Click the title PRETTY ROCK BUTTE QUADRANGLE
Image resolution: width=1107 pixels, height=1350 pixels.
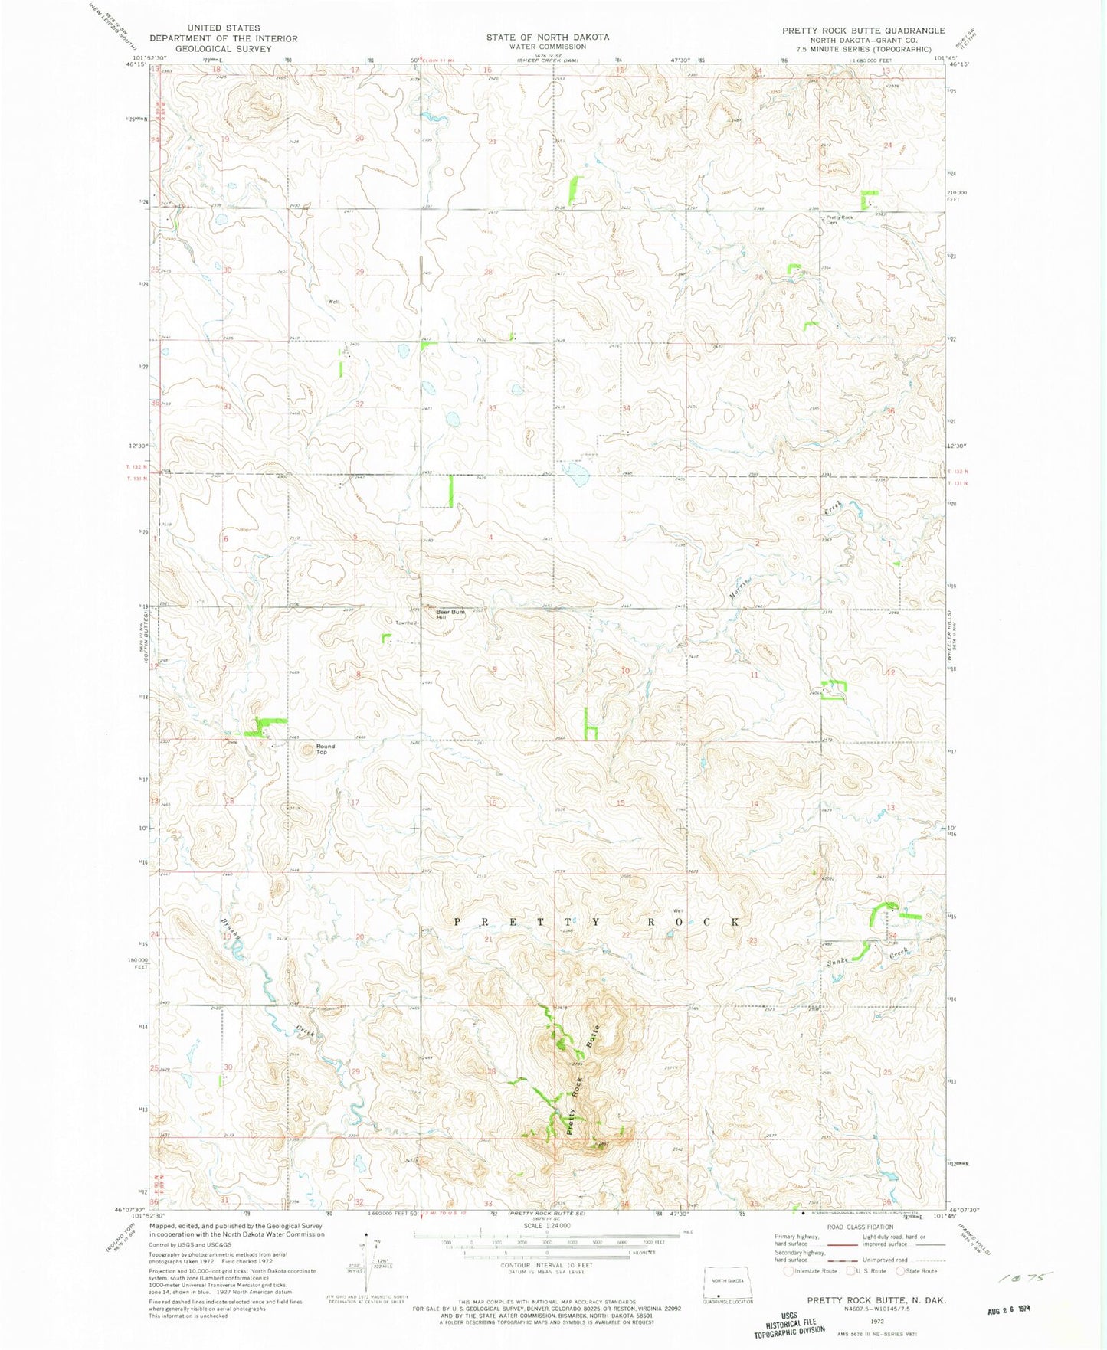coord(863,31)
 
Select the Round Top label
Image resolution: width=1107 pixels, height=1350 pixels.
coord(325,749)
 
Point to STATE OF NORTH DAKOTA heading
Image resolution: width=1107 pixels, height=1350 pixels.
coord(548,37)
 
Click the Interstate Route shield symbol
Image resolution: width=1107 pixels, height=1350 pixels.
coord(788,1271)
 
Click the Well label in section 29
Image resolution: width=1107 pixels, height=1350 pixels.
coord(333,302)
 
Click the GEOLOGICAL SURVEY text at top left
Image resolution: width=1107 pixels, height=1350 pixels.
coord(223,48)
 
